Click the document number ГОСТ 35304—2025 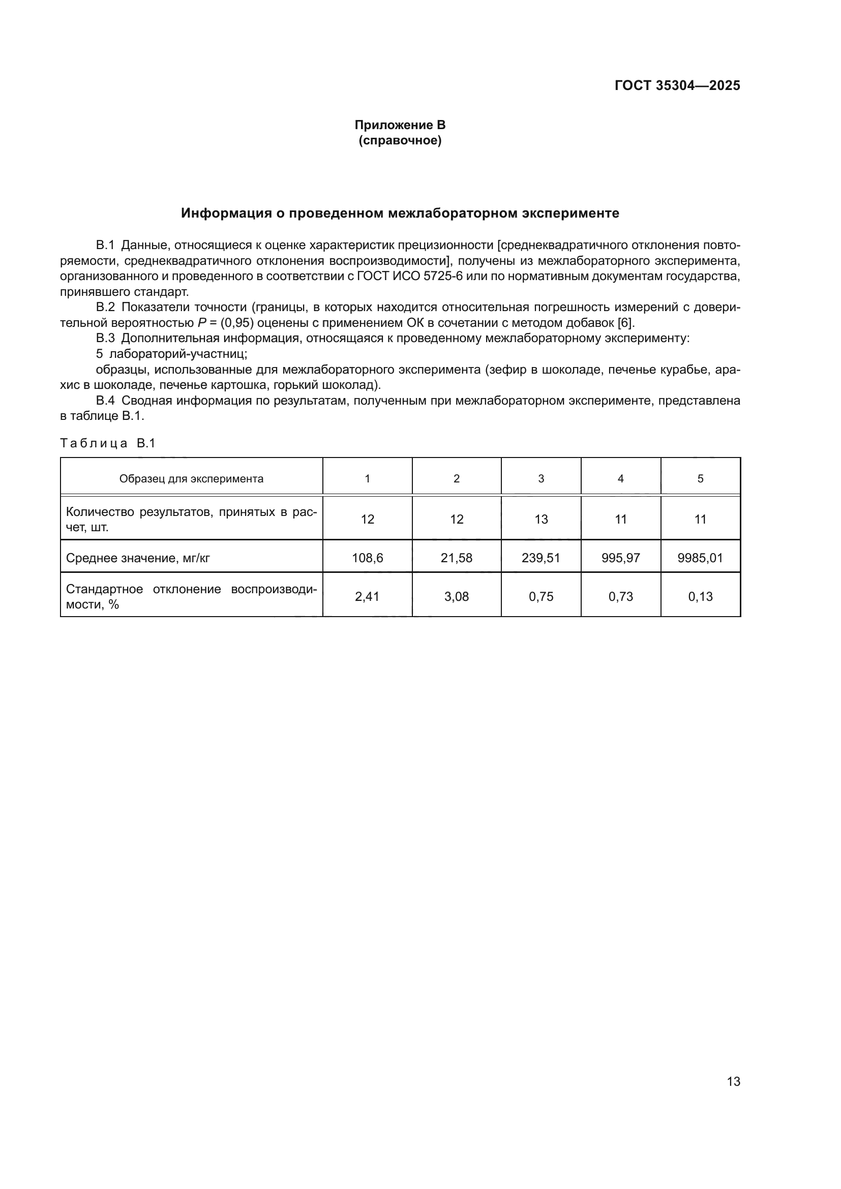(677, 85)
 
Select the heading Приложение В (400, 125)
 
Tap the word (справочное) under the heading (400, 140)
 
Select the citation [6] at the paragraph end (625, 323)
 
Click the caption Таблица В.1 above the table (108, 443)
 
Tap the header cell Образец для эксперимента (191, 478)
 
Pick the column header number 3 (540, 478)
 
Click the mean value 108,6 (367, 558)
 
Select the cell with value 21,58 (456, 558)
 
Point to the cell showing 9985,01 (700, 558)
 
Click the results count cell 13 (540, 519)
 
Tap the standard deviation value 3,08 (456, 597)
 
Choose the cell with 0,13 (700, 597)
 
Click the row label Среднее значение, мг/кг (138, 558)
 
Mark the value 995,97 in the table (620, 558)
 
